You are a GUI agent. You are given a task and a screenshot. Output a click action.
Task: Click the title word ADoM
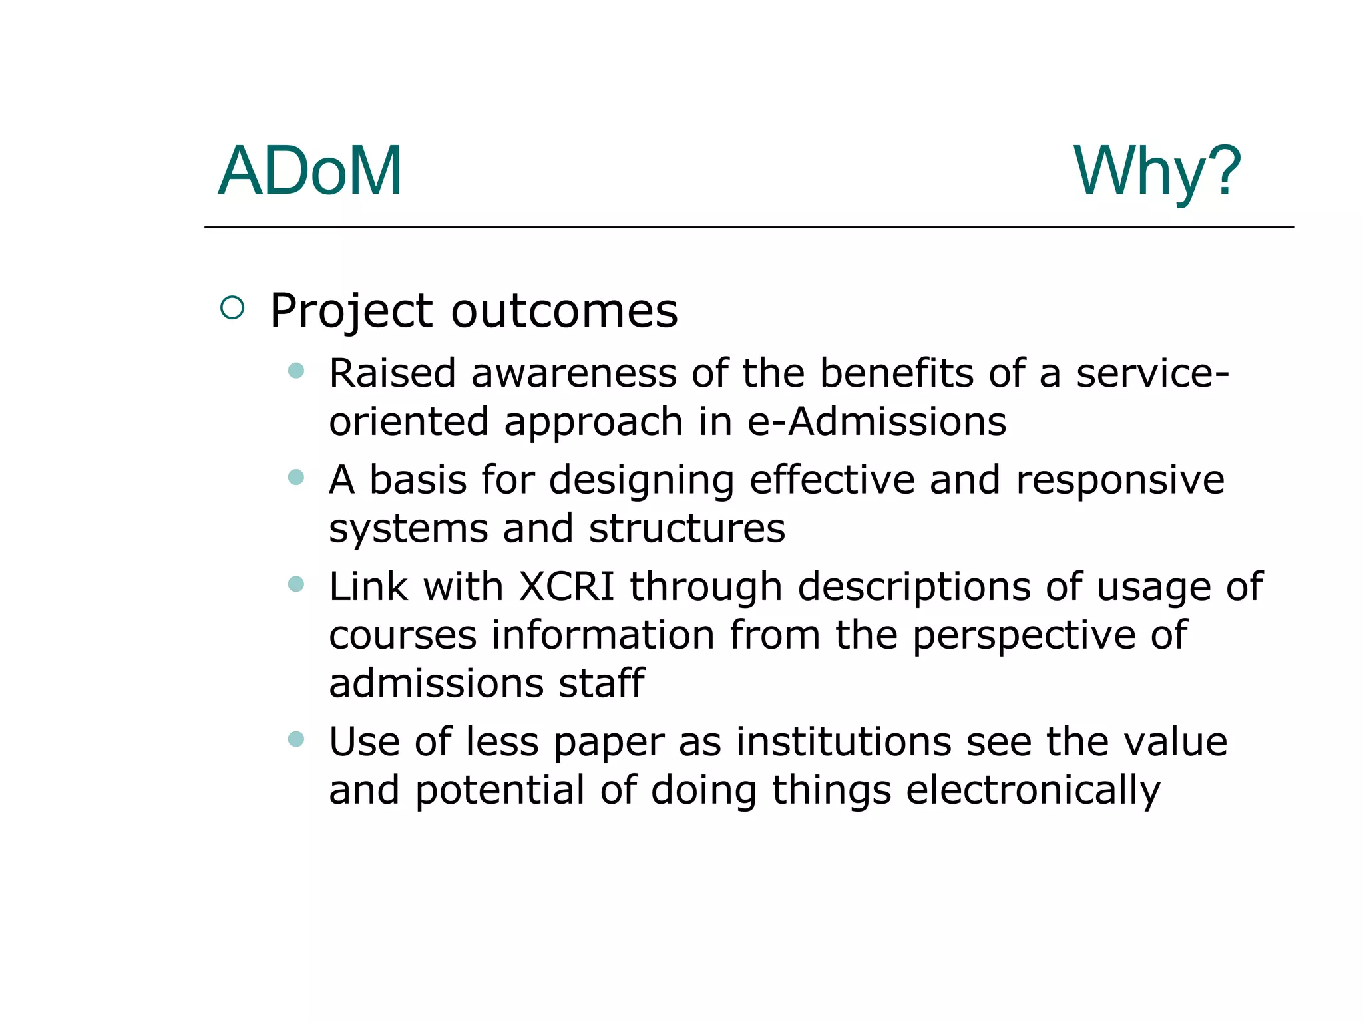tap(310, 172)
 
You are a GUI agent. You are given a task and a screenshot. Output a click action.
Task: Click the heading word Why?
tap(1157, 172)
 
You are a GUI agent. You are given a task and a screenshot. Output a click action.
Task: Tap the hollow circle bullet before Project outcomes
tap(232, 307)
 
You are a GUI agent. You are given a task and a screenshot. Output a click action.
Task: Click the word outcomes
tap(564, 311)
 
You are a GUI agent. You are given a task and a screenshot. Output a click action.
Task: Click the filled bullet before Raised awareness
tap(296, 371)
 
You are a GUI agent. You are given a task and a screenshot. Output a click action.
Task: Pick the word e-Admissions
tap(876, 422)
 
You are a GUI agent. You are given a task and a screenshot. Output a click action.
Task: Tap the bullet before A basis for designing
tap(296, 477)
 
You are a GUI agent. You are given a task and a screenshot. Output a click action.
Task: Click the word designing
tap(642, 481)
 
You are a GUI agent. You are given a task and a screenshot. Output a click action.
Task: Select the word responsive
tap(1120, 480)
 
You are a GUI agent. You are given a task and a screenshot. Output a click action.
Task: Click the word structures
tap(687, 528)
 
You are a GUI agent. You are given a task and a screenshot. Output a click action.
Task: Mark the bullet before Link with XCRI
tap(296, 584)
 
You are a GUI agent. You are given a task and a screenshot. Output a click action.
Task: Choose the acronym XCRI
tap(566, 586)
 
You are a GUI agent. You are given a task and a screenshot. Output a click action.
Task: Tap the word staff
tap(601, 683)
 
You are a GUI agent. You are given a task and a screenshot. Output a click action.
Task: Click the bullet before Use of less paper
tap(296, 739)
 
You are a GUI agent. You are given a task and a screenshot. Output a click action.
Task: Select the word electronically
tap(1033, 791)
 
